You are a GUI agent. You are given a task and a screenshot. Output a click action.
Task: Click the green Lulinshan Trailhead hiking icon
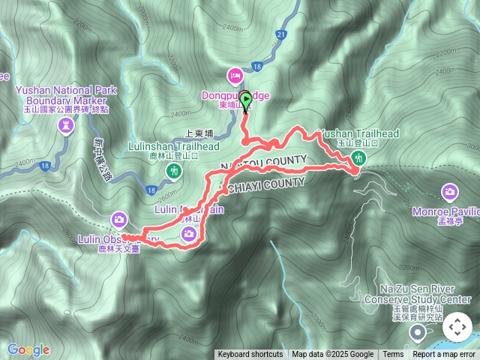(174, 172)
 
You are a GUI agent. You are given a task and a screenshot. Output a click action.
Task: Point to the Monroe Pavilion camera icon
(450, 193)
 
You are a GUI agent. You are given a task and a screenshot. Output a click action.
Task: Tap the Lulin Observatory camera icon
(118, 219)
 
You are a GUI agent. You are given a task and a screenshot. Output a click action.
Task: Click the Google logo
(28, 349)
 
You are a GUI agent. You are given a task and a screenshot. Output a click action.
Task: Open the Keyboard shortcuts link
(250, 355)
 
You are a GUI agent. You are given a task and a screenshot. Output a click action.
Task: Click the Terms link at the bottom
(393, 355)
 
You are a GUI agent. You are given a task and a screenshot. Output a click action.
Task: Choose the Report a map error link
(444, 355)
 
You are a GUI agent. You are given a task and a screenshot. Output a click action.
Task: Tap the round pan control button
(457, 327)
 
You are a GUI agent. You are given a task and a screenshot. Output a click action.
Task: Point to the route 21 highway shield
(281, 34)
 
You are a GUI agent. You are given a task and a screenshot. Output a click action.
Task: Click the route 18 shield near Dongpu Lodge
(257, 67)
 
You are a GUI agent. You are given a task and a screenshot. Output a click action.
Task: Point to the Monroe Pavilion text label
(445, 212)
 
